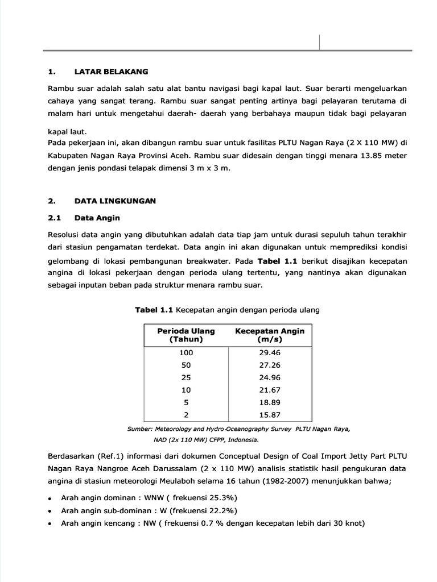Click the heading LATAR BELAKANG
[111, 72]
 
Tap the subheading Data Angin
[97, 218]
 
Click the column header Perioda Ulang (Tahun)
[186, 335]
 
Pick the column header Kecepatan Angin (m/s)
[270, 335]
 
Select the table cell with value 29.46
[270, 353]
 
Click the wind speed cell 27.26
[270, 365]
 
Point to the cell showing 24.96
[270, 378]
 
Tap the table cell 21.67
[270, 390]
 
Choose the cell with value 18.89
[270, 403]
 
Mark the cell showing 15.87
[270, 415]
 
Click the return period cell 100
[186, 353]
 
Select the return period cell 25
[186, 378]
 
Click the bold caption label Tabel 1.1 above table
[154, 310]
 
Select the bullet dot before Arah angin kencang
[51, 524]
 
